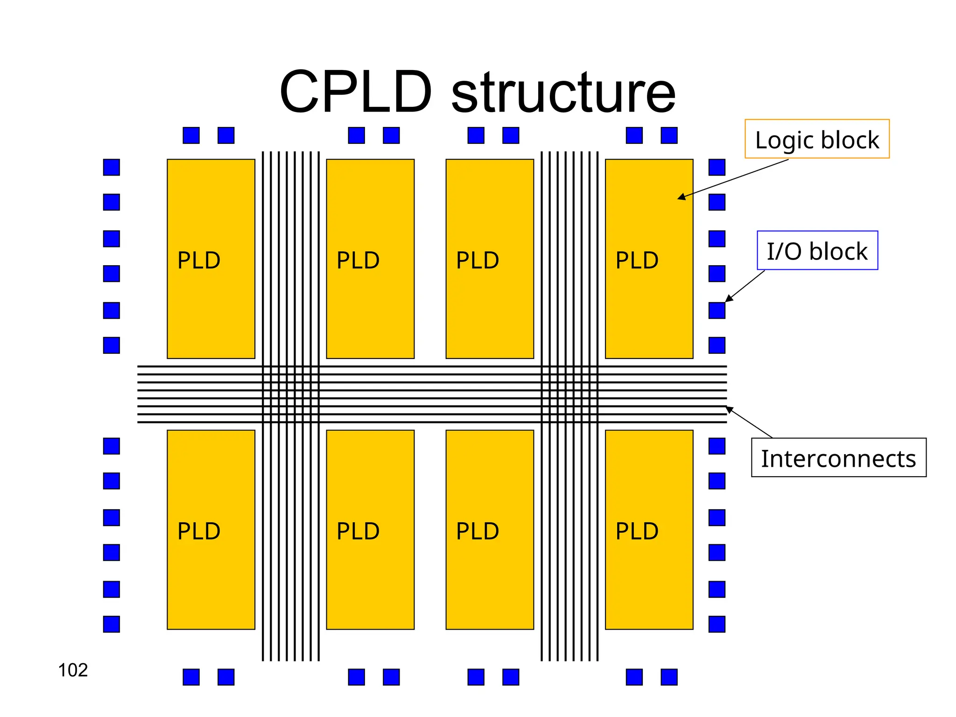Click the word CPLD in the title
click(356, 92)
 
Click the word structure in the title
click(563, 93)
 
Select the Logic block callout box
click(816, 139)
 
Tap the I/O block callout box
click(817, 251)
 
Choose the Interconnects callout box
click(838, 457)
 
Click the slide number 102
click(73, 670)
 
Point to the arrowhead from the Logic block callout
click(681, 198)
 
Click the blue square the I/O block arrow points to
click(717, 310)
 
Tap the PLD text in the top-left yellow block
click(199, 260)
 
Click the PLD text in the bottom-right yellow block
click(637, 531)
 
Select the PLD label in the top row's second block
click(358, 260)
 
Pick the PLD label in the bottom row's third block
click(478, 531)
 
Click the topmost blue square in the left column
click(112, 167)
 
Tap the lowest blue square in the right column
click(717, 624)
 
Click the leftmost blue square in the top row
click(191, 135)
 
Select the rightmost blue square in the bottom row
click(669, 677)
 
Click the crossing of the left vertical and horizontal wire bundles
click(291, 394)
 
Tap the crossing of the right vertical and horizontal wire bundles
click(569, 394)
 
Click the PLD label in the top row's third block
click(478, 260)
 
